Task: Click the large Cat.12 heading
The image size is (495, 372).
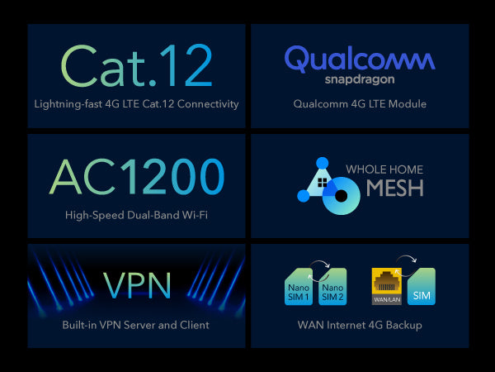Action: point(136,65)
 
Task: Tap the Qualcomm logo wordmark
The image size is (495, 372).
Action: point(359,60)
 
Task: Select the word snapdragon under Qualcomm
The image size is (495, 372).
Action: point(359,80)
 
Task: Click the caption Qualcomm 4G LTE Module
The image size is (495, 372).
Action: point(359,104)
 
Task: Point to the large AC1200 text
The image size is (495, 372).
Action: point(137,177)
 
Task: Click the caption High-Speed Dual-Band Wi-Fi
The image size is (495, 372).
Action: point(137,215)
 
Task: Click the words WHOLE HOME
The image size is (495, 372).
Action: point(384,169)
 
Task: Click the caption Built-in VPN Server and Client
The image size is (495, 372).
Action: point(136,325)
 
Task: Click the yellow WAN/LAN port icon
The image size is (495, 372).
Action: point(387,285)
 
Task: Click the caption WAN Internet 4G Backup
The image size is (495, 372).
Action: point(360,325)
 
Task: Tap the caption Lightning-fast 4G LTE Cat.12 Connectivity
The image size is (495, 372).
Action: point(137,104)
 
